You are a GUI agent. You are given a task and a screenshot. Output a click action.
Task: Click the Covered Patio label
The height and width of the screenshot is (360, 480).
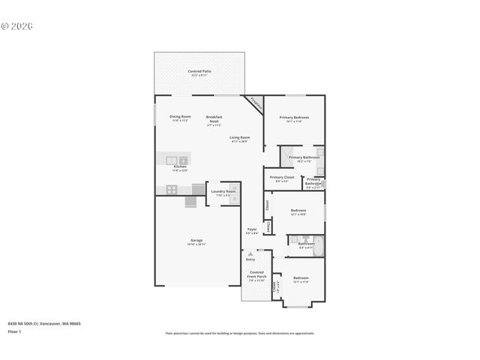click(x=199, y=72)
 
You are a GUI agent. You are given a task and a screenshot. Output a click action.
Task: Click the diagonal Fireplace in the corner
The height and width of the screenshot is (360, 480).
click(x=256, y=103)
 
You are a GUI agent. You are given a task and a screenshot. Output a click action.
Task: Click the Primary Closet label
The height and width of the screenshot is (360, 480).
click(x=283, y=178)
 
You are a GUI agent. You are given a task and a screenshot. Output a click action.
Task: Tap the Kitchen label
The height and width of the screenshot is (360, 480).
click(x=180, y=168)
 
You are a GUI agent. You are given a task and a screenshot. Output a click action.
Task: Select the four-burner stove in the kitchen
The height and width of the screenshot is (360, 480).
click(x=171, y=190)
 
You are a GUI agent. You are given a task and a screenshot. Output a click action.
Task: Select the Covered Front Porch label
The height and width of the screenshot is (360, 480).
click(x=256, y=274)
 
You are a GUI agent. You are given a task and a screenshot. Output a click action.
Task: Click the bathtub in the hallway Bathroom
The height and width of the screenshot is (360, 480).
click(x=318, y=244)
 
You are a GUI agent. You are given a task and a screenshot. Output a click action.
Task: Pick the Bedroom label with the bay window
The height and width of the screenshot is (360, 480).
click(x=301, y=279)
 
